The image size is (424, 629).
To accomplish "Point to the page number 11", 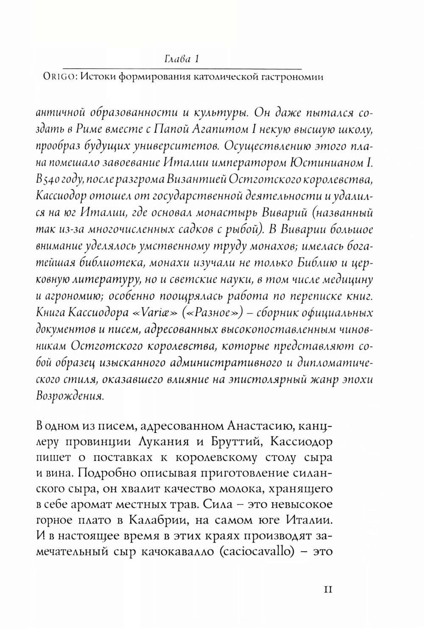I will [x=329, y=589].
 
